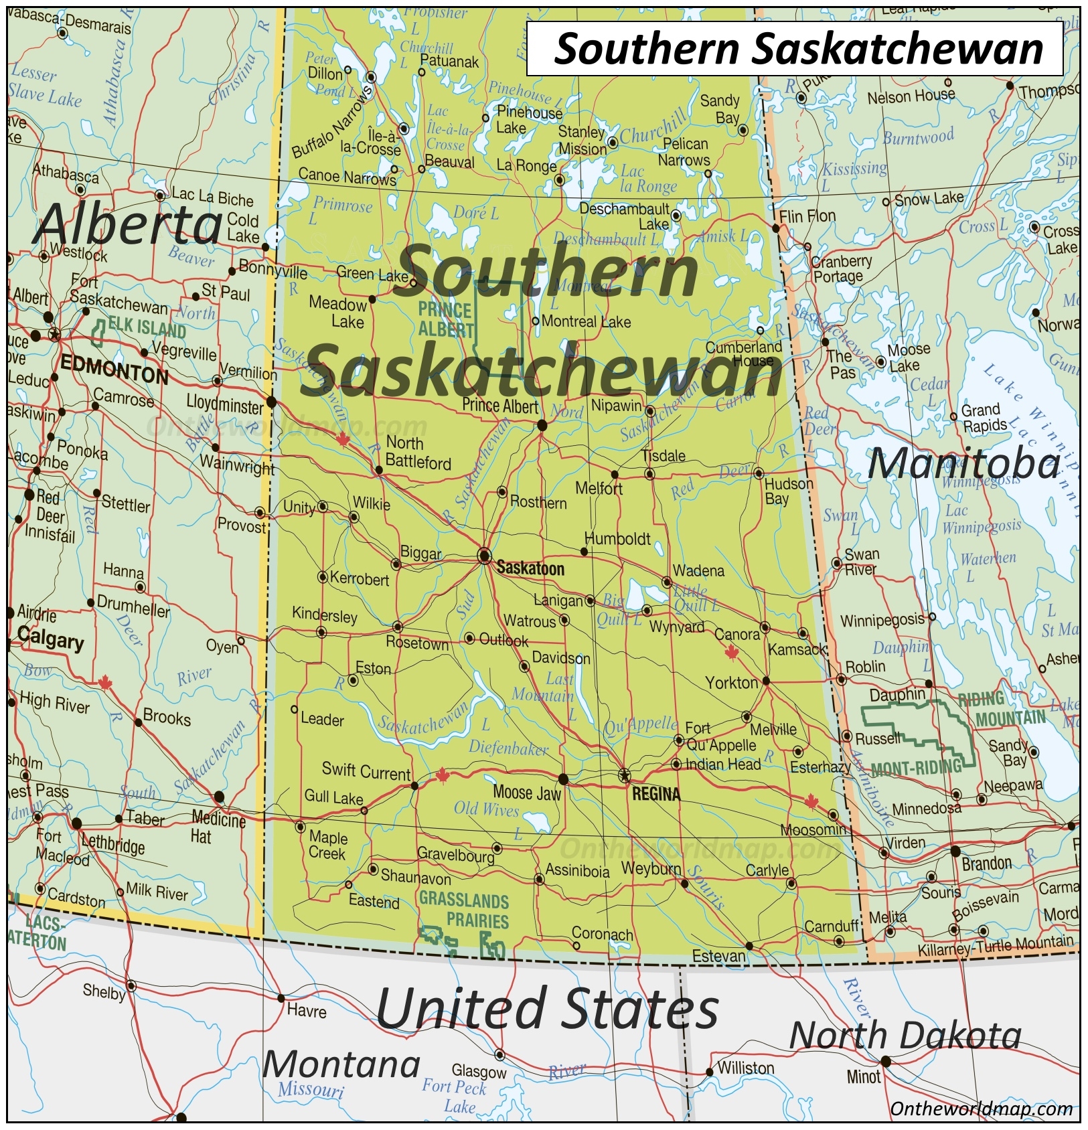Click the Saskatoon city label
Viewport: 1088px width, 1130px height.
tap(530, 568)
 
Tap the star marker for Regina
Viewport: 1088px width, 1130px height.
tap(624, 775)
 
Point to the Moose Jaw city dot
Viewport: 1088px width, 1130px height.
tap(563, 779)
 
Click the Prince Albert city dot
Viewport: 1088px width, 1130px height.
tap(542, 425)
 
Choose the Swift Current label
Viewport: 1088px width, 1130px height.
tap(366, 771)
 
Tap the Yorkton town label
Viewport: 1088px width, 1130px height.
tap(731, 683)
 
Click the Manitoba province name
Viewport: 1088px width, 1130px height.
tap(964, 464)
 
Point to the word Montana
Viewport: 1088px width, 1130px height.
tap(341, 1064)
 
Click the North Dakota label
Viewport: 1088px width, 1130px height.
tap(905, 1036)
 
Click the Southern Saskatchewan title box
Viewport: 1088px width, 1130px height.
tap(795, 49)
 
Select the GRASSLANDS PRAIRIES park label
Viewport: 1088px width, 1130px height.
tap(464, 910)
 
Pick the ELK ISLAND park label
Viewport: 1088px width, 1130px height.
tap(147, 329)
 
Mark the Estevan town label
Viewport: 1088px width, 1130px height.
tap(718, 956)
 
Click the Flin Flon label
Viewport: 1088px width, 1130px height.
tap(807, 216)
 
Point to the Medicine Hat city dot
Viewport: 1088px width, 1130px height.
tap(219, 797)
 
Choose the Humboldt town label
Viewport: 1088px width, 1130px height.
tap(617, 538)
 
